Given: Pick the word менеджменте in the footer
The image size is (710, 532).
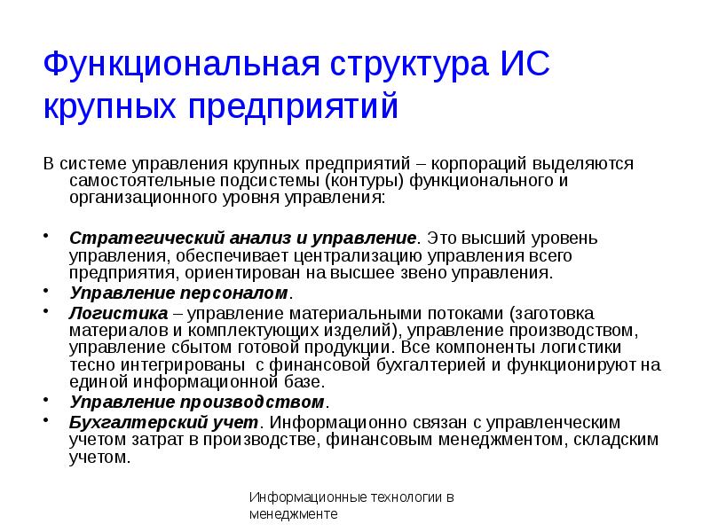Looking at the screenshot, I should (294, 514).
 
